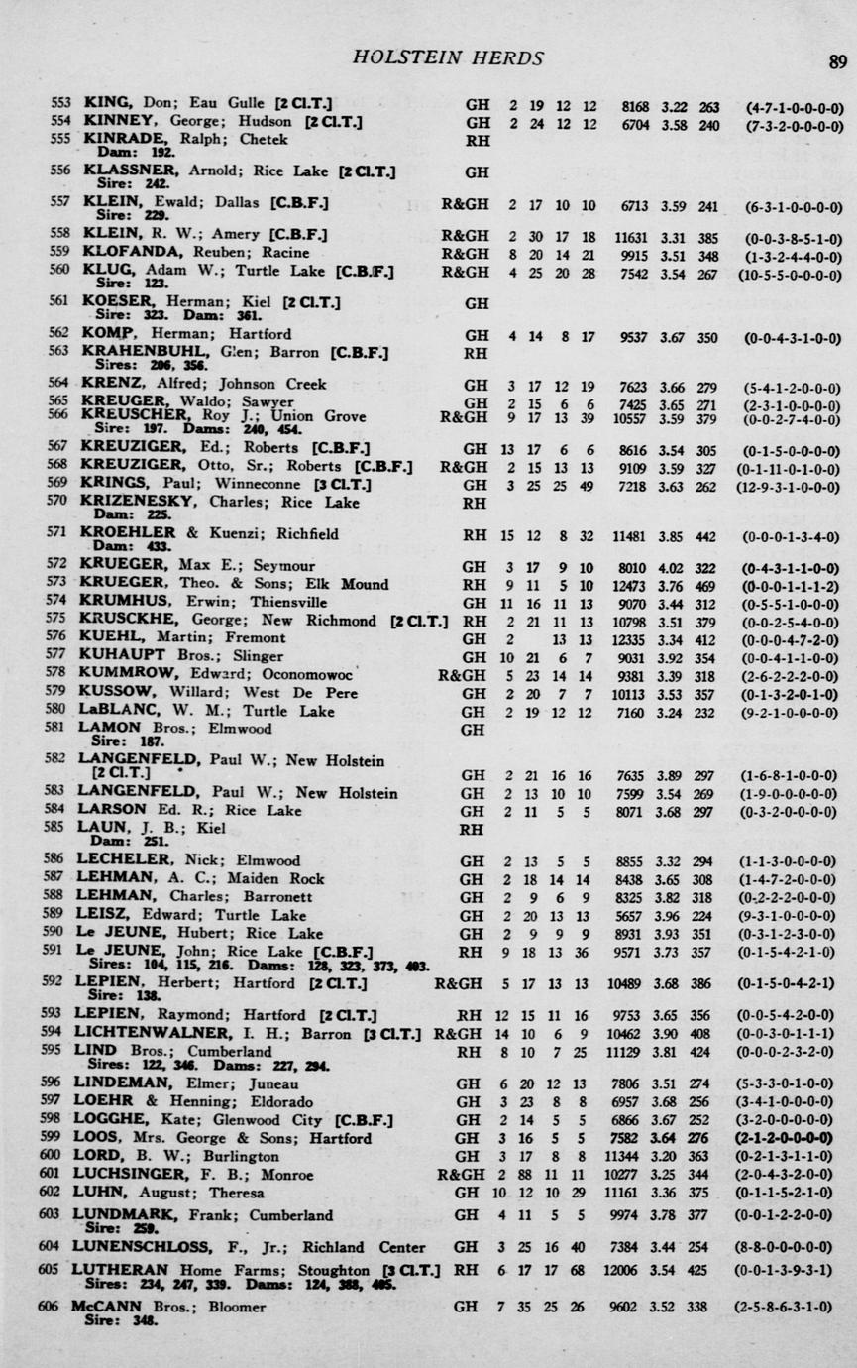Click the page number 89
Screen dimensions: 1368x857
837,61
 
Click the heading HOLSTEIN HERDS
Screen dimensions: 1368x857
448,58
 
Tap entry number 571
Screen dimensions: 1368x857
59,534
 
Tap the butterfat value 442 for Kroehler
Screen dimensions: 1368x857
707,535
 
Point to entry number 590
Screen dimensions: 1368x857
59,934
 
